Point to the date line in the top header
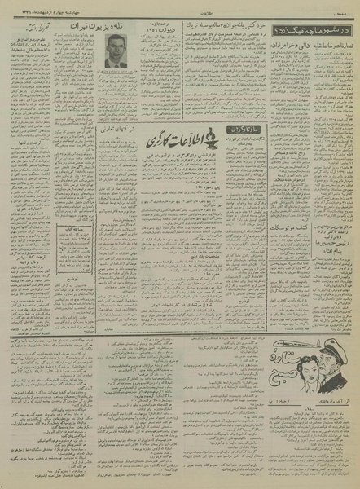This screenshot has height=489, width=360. click(49, 7)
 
